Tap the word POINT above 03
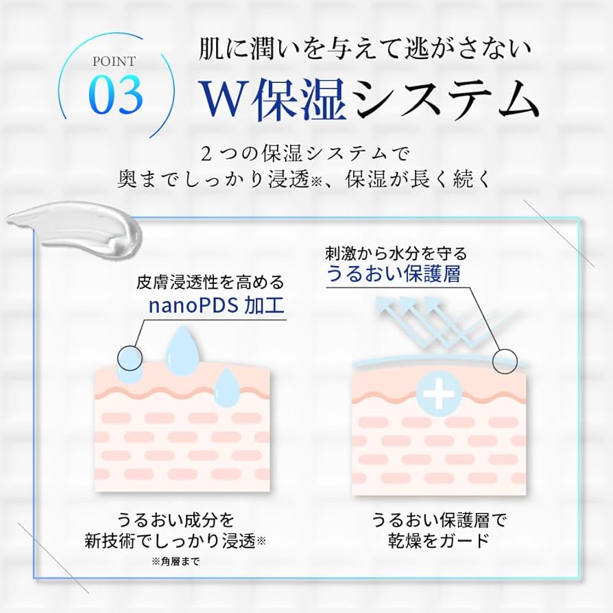tap(115, 61)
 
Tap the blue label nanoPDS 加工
tap(216, 304)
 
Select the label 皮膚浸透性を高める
tap(211, 282)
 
